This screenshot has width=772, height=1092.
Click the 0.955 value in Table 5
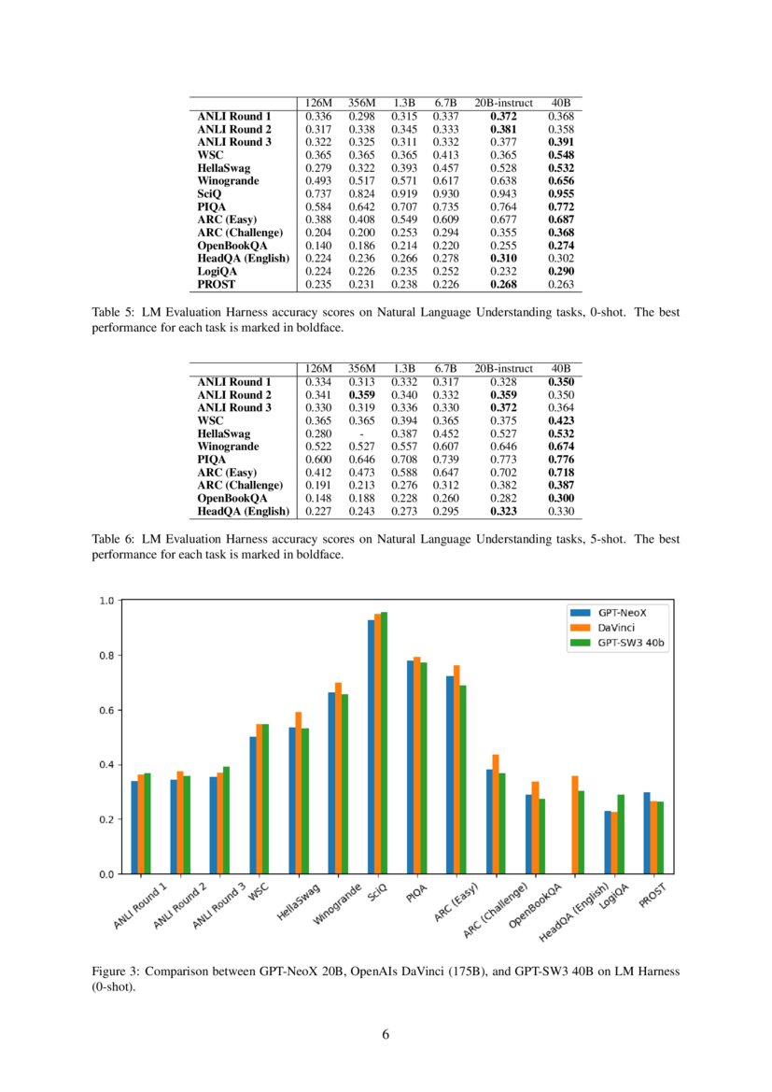[561, 192]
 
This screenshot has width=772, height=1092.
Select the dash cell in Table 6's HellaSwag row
[361, 433]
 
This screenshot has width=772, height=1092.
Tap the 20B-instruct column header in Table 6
[503, 369]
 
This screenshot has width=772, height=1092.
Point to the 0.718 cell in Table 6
[561, 473]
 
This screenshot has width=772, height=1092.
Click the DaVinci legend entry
[616, 628]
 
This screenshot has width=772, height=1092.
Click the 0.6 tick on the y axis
[105, 710]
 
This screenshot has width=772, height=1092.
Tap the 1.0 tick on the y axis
[105, 601]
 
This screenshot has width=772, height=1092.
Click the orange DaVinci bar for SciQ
[377, 744]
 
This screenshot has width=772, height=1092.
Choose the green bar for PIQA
[424, 768]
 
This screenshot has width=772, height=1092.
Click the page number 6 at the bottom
[386, 1034]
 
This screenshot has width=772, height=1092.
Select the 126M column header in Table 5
[318, 103]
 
